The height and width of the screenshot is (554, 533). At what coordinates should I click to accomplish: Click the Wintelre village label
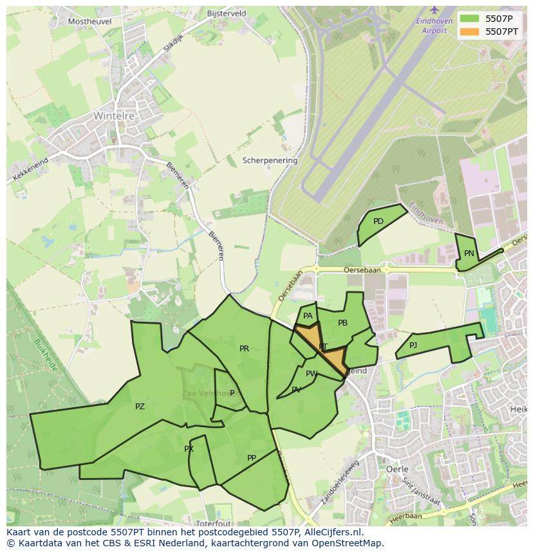click(x=114, y=116)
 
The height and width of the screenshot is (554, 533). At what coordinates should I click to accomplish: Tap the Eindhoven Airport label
click(x=431, y=26)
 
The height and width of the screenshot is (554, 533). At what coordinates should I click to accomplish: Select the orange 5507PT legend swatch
click(x=470, y=32)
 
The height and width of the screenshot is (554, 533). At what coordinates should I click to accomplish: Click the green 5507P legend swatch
click(x=470, y=19)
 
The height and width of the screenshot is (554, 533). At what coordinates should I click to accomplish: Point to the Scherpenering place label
click(x=270, y=160)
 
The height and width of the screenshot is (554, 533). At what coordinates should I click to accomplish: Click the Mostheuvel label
click(x=90, y=21)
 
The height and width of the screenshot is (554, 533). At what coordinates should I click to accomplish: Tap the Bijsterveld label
click(x=227, y=13)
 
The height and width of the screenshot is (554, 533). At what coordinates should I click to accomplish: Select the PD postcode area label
click(x=379, y=221)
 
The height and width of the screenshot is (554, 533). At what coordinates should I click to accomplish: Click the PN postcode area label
click(x=469, y=254)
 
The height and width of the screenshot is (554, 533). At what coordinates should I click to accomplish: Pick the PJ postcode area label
click(x=413, y=346)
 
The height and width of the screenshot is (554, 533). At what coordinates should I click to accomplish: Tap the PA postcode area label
click(x=308, y=316)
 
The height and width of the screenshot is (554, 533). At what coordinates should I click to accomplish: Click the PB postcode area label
click(x=342, y=323)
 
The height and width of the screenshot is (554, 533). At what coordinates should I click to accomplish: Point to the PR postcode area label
click(x=244, y=349)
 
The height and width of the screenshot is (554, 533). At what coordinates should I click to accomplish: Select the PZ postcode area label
click(x=140, y=407)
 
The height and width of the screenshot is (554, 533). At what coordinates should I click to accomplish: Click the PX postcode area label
click(x=189, y=449)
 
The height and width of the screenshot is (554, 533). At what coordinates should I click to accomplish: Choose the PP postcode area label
click(x=252, y=458)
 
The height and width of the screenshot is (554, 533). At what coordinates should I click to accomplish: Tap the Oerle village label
click(x=397, y=469)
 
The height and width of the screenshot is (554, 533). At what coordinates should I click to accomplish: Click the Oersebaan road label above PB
click(x=362, y=270)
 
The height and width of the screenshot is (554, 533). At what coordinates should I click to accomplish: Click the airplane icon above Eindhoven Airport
click(x=435, y=10)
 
